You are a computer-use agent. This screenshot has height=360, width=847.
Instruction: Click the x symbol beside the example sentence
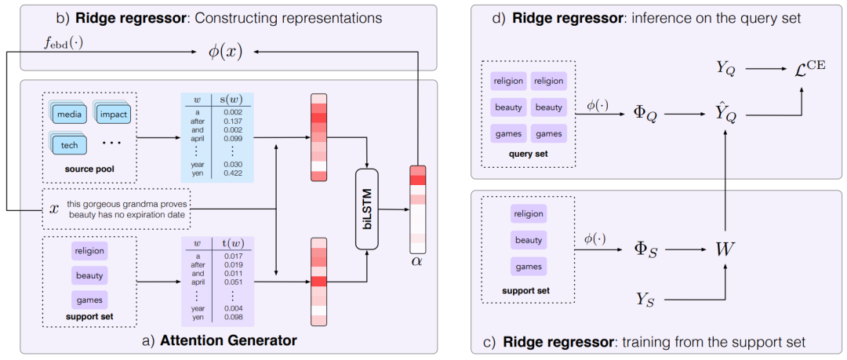pos(53,209)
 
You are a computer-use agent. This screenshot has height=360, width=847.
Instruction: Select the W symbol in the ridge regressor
pos(725,249)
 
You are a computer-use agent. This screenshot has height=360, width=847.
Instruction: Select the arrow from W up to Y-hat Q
pos(725,181)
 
